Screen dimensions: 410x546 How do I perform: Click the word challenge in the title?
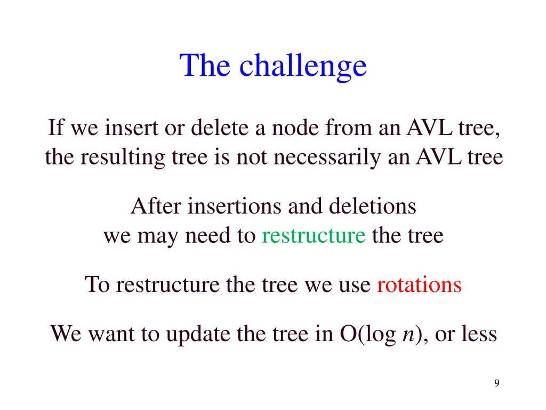(303, 66)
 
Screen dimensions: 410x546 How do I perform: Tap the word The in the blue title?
(205, 66)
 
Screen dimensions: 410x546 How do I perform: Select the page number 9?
(496, 383)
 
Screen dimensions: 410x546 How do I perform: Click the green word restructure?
(314, 235)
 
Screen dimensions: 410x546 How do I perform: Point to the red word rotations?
(419, 285)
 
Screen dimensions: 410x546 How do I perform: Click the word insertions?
(235, 206)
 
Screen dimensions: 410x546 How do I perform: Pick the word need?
(207, 235)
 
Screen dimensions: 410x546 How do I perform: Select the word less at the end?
(478, 334)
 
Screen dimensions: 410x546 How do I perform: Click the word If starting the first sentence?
(56, 128)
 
